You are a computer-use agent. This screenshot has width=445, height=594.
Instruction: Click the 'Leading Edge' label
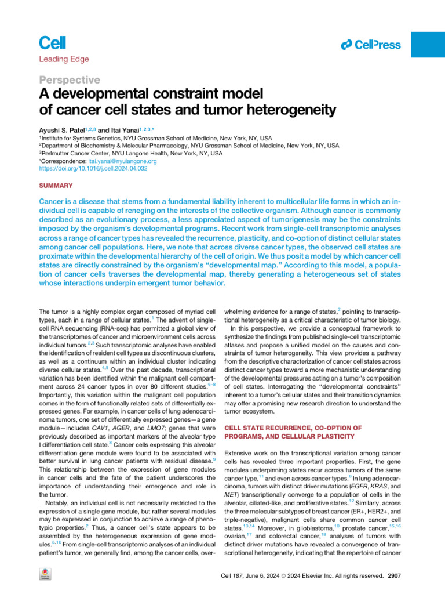pos(64,59)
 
